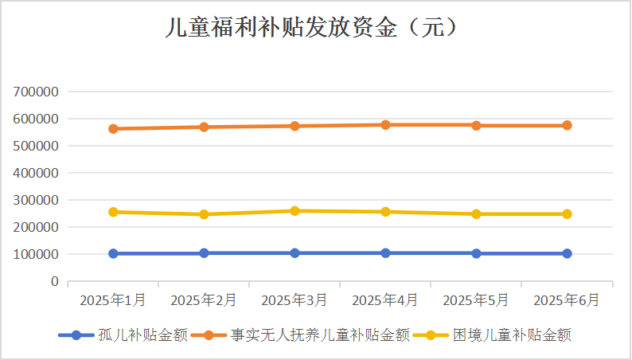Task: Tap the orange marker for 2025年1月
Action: (x=113, y=128)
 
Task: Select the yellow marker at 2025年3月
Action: (x=295, y=211)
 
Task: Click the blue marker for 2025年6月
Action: (x=567, y=253)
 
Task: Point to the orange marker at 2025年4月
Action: (x=385, y=124)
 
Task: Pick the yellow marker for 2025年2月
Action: (x=204, y=214)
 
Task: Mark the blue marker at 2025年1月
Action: (x=113, y=253)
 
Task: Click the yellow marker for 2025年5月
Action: (x=476, y=213)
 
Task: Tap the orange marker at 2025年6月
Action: (x=567, y=125)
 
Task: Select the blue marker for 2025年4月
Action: (x=385, y=252)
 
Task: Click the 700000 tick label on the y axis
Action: (x=37, y=92)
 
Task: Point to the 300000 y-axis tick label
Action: (x=37, y=200)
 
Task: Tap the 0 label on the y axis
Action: (x=54, y=281)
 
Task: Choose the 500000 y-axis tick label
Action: (x=37, y=146)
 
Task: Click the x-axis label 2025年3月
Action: (x=295, y=300)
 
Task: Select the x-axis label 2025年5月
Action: (x=476, y=300)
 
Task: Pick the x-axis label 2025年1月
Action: (x=113, y=300)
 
